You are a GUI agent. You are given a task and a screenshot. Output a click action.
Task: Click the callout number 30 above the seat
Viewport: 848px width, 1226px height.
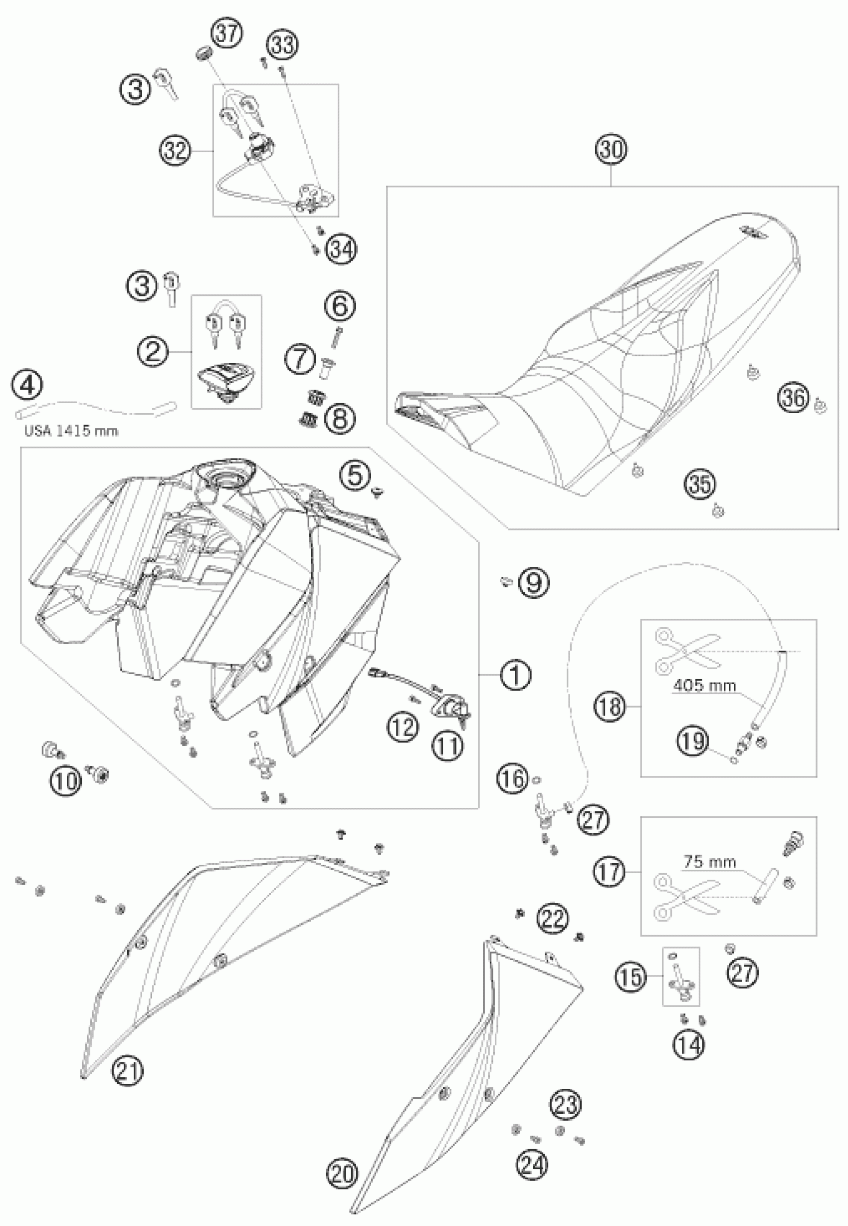[611, 150]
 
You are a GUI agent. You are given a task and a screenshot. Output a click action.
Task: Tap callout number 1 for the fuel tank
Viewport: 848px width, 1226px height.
[514, 675]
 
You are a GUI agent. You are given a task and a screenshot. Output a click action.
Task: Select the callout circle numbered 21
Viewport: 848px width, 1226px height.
[128, 1068]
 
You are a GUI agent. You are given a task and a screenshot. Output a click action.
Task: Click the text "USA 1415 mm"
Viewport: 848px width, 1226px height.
[71, 431]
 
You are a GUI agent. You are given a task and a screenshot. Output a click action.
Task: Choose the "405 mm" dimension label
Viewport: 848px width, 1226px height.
[704, 686]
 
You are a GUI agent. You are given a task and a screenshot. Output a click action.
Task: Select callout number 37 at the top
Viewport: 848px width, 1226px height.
[227, 33]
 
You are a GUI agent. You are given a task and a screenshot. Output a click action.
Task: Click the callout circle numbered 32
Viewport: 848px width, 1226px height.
[176, 152]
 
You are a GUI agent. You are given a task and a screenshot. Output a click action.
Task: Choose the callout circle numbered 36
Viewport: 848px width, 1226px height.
[793, 397]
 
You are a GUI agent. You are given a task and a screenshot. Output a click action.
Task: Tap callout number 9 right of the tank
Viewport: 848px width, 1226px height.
[533, 583]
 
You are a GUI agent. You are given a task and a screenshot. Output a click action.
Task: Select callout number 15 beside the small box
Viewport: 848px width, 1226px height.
[631, 978]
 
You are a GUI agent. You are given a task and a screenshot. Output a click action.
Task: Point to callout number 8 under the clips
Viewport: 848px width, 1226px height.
[339, 417]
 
